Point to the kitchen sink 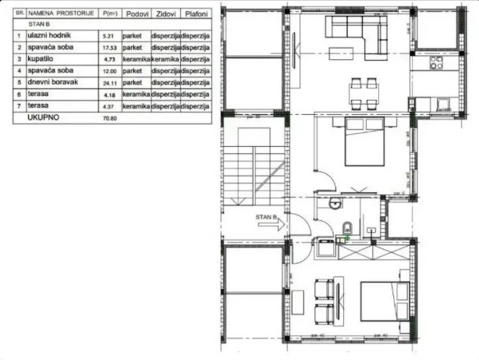tap(443, 103)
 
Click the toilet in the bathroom tap(346, 228)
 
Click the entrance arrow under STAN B tap(271, 224)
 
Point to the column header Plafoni tap(195, 14)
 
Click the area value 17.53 tap(108, 48)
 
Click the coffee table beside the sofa tap(339, 54)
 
